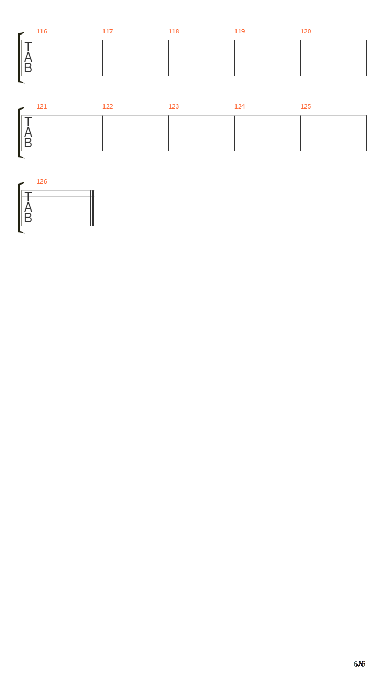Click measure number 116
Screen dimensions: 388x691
(x=42, y=31)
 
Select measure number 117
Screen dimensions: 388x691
(x=107, y=31)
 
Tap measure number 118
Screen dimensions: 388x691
(x=174, y=31)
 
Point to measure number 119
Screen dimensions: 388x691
(x=240, y=31)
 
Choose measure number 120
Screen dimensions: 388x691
(x=306, y=31)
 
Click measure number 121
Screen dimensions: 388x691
(x=42, y=106)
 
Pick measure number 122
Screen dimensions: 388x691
(x=107, y=106)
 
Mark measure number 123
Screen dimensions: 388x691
(x=174, y=106)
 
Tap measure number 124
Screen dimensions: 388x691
(x=240, y=106)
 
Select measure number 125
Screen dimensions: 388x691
(x=306, y=106)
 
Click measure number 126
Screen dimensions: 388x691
(x=42, y=181)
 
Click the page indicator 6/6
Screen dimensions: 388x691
(x=359, y=664)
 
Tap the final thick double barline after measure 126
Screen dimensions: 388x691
(x=92, y=208)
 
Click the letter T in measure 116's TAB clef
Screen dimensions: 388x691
(x=28, y=47)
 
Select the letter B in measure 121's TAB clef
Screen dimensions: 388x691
(x=28, y=143)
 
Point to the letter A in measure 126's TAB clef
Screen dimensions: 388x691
(x=28, y=207)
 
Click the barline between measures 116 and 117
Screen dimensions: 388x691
(x=102, y=58)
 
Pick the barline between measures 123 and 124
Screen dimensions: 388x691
(x=234, y=133)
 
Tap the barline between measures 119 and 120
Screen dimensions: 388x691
(x=301, y=58)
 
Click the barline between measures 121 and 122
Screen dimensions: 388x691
(x=102, y=133)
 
